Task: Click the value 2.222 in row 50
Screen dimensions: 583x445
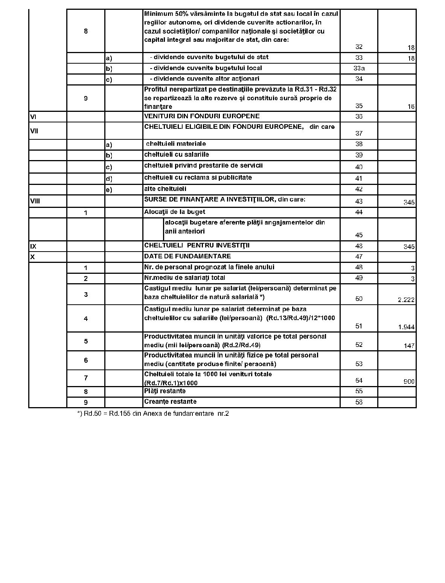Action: click(406, 300)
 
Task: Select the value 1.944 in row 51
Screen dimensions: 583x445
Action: click(406, 327)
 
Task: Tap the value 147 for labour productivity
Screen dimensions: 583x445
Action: click(409, 345)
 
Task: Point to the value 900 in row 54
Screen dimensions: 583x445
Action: click(409, 382)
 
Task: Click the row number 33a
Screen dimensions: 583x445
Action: click(359, 69)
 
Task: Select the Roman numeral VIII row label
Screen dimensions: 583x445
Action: click(35, 201)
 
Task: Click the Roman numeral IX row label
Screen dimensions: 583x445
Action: click(33, 247)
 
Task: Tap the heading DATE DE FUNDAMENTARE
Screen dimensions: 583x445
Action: click(187, 256)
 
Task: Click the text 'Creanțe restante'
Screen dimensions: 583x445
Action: click(170, 401)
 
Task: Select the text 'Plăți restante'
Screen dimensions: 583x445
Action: click(165, 391)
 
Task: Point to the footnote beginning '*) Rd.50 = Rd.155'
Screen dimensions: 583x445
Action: click(153, 414)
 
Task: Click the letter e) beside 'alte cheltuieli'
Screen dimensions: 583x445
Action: click(109, 190)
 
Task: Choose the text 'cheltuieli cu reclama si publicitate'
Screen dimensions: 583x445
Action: click(198, 177)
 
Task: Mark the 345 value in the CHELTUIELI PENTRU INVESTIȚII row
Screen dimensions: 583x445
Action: click(409, 247)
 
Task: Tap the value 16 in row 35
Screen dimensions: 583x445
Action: click(411, 107)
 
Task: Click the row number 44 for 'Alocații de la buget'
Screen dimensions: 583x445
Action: click(359, 212)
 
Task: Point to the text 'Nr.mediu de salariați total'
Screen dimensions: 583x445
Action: click(184, 278)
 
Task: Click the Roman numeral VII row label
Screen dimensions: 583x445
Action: click(34, 131)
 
